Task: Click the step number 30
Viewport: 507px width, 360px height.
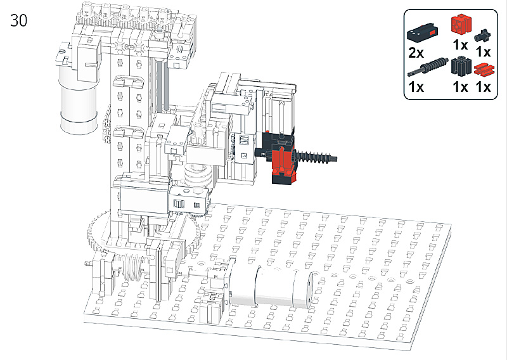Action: click(x=19, y=20)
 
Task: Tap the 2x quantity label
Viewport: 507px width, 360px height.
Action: click(x=416, y=53)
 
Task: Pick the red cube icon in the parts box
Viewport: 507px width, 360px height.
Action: click(x=461, y=24)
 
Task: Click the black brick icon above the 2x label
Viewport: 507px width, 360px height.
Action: click(x=422, y=34)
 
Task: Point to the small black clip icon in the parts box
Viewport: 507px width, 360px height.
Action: click(x=482, y=35)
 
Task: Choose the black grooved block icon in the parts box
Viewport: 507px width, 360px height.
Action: click(x=462, y=67)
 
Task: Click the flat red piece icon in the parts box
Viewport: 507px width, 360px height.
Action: click(x=484, y=70)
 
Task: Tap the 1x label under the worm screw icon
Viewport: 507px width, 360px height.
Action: click(x=416, y=87)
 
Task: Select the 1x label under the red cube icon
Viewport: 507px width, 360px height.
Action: click(x=461, y=45)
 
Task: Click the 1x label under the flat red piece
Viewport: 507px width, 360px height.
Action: click(x=484, y=87)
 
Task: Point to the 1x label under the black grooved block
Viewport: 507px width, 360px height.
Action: click(x=461, y=87)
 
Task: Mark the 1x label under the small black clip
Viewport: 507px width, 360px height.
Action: click(x=484, y=52)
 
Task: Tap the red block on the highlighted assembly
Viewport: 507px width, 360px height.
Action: click(x=282, y=161)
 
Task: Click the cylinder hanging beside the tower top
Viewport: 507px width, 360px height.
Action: click(x=79, y=100)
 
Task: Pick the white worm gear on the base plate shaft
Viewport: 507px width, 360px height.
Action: click(x=131, y=267)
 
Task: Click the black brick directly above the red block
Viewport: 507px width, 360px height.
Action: click(x=279, y=138)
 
